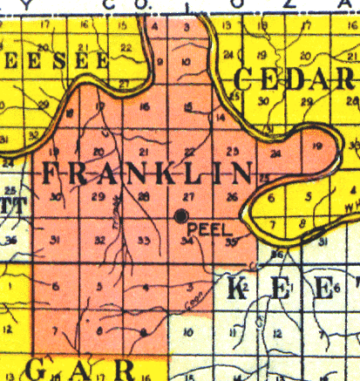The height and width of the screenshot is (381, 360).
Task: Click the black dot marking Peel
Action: (181, 214)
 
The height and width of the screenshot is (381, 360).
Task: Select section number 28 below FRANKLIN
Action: (143, 198)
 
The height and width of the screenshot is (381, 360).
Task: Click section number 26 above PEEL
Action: (231, 197)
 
